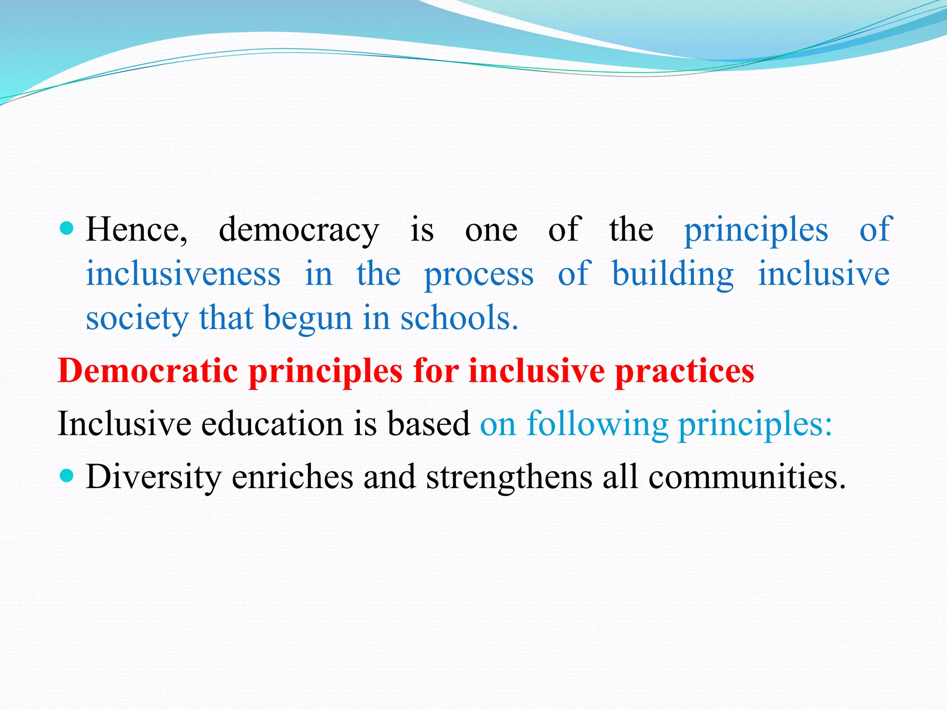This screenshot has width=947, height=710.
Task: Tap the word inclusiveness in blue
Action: coord(183,274)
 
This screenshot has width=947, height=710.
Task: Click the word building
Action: coord(672,274)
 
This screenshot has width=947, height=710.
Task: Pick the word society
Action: coord(137,319)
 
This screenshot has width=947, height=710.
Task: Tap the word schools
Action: coord(459,318)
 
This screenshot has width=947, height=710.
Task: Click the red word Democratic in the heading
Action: coord(148,371)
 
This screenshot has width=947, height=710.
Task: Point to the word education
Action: coord(272,423)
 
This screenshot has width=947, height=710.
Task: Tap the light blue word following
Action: coord(597,424)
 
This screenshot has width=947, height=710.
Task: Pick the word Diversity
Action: coord(154,477)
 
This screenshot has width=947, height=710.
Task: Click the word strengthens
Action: coord(509,477)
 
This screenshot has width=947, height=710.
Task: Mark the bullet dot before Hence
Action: coord(67,228)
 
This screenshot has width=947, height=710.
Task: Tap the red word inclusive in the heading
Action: coord(536,371)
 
